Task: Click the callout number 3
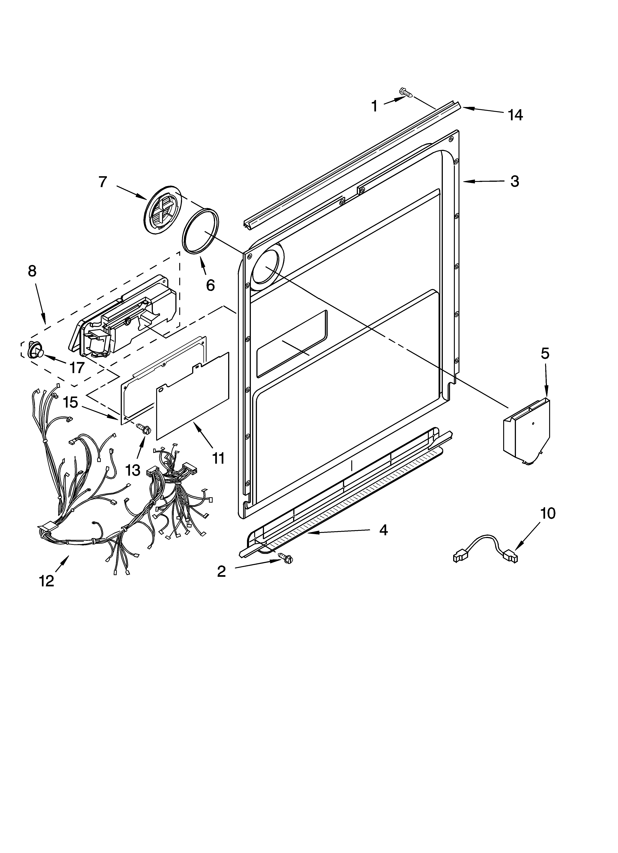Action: (514, 181)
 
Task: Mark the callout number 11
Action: (218, 459)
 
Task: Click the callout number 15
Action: (70, 402)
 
